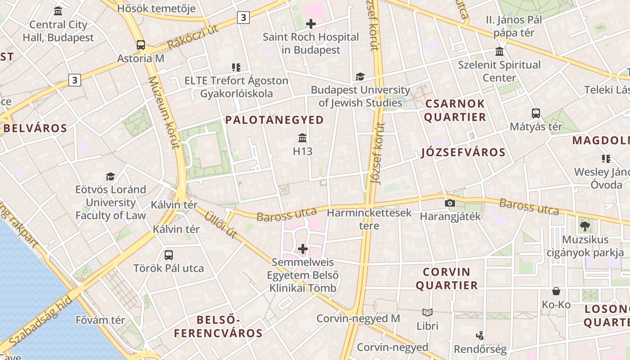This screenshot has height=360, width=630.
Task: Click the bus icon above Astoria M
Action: pyautogui.click(x=141, y=45)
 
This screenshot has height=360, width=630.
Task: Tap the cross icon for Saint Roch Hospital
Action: pyautogui.click(x=310, y=24)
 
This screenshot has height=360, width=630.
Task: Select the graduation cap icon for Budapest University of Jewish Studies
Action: pyautogui.click(x=360, y=77)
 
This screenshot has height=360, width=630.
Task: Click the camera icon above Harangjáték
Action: pyautogui.click(x=450, y=203)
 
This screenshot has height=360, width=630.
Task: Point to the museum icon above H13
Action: pyautogui.click(x=302, y=138)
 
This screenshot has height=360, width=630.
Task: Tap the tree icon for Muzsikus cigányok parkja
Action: pyautogui.click(x=585, y=226)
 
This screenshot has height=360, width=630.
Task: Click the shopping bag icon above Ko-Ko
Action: pyautogui.click(x=556, y=291)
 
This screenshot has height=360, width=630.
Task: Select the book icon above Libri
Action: pyautogui.click(x=427, y=312)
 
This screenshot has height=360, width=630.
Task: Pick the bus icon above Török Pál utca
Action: pyautogui.click(x=169, y=255)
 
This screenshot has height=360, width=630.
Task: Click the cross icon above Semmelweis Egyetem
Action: pyautogui.click(x=303, y=248)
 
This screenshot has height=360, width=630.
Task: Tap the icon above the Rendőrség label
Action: pyautogui.click(x=480, y=335)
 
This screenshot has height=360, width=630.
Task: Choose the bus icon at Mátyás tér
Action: pyautogui.click(x=535, y=113)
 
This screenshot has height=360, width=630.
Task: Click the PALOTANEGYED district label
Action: pyautogui.click(x=274, y=120)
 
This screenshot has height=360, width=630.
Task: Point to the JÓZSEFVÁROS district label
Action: pyautogui.click(x=463, y=152)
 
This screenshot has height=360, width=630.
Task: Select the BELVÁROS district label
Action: pyautogui.click(x=35, y=128)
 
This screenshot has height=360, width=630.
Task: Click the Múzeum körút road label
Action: pyautogui.click(x=164, y=112)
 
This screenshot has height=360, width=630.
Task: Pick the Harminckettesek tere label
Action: pyautogui.click(x=369, y=219)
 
